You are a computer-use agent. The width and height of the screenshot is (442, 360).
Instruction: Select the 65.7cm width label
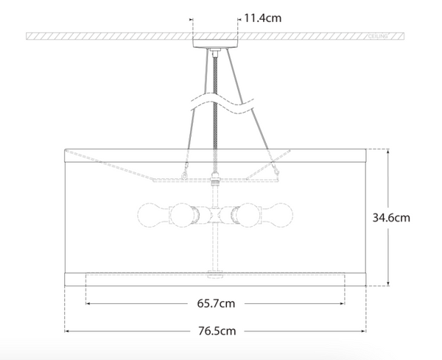point(216,303)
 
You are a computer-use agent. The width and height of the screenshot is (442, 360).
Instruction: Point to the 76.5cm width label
point(216,331)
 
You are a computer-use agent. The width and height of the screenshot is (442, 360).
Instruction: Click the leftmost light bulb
point(150,215)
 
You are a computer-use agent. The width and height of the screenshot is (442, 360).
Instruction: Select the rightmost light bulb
point(281,215)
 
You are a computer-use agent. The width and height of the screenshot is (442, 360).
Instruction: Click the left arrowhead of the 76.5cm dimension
point(67,331)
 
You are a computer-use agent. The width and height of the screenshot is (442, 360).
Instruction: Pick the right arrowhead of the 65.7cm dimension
point(342,303)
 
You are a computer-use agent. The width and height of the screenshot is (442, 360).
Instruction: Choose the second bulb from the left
point(183,215)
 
